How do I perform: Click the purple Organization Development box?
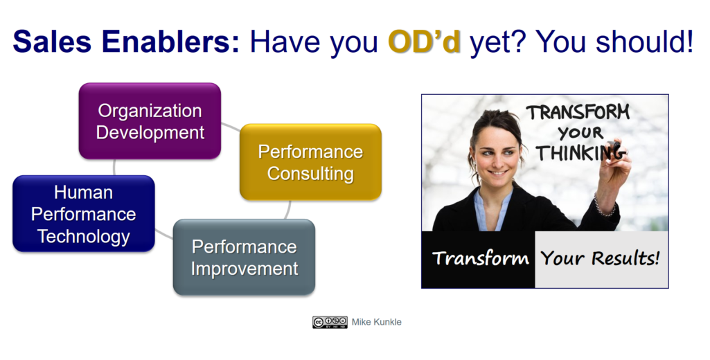pyautogui.click(x=150, y=121)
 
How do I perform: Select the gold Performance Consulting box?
pyautogui.click(x=310, y=162)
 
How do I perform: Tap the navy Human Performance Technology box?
pyautogui.click(x=84, y=213)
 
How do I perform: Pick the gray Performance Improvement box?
pyautogui.click(x=244, y=258)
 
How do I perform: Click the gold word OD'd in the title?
pyautogui.click(x=425, y=42)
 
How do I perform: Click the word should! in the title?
pyautogui.click(x=644, y=42)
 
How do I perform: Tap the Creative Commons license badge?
pyautogui.click(x=330, y=322)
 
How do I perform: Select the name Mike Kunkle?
pyautogui.click(x=376, y=322)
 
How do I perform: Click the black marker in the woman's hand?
pyautogui.click(x=614, y=147)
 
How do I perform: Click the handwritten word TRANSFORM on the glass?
pyautogui.click(x=578, y=112)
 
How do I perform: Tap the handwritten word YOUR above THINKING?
pyautogui.click(x=580, y=133)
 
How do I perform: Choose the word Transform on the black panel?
pyautogui.click(x=481, y=258)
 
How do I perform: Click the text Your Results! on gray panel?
pyautogui.click(x=600, y=258)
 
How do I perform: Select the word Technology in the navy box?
pyautogui.click(x=84, y=236)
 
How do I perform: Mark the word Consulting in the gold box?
pyautogui.click(x=310, y=174)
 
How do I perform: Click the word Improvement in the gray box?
pyautogui.click(x=245, y=269)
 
